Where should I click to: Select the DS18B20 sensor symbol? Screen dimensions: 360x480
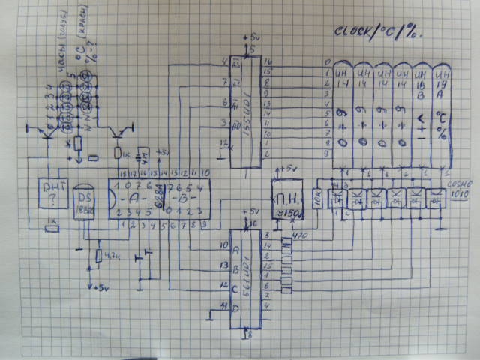click(x=85, y=201)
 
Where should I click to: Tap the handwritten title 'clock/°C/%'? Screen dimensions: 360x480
click(x=379, y=32)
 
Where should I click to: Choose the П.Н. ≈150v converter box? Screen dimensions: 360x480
click(x=289, y=201)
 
